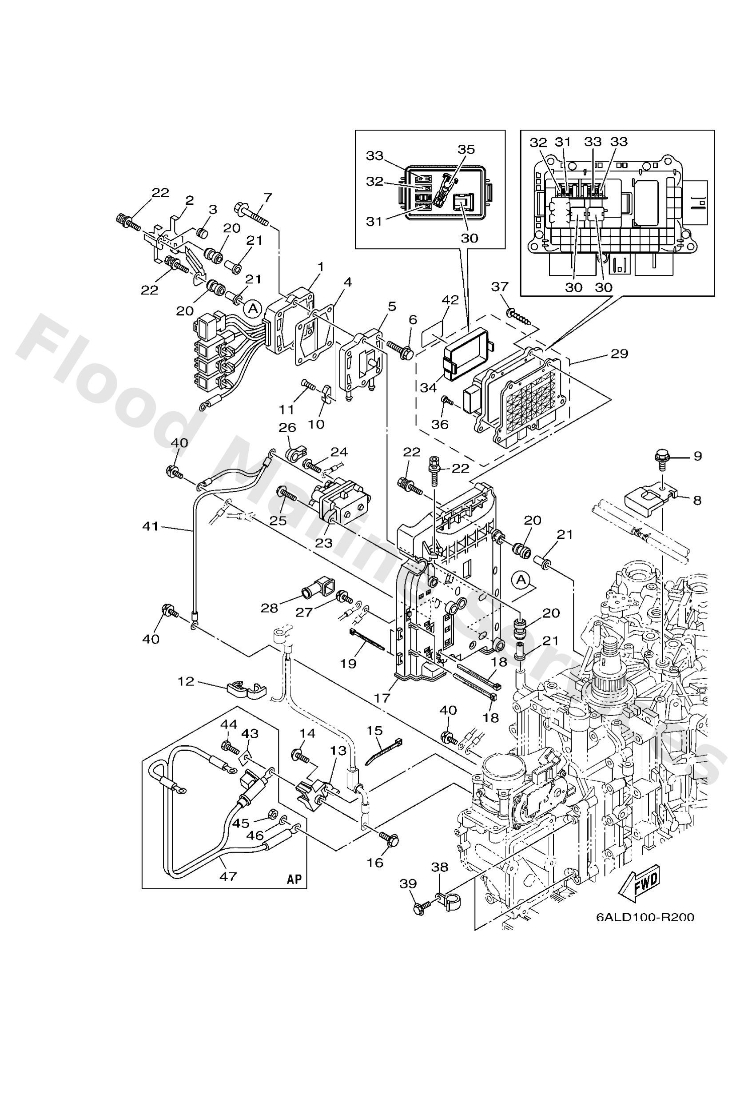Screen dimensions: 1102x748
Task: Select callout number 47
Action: point(228,876)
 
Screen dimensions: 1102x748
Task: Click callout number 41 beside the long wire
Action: point(151,526)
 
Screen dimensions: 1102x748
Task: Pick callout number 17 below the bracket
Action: point(382,697)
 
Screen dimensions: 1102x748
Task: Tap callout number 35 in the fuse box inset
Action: point(466,149)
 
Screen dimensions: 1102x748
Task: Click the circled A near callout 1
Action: point(253,309)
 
